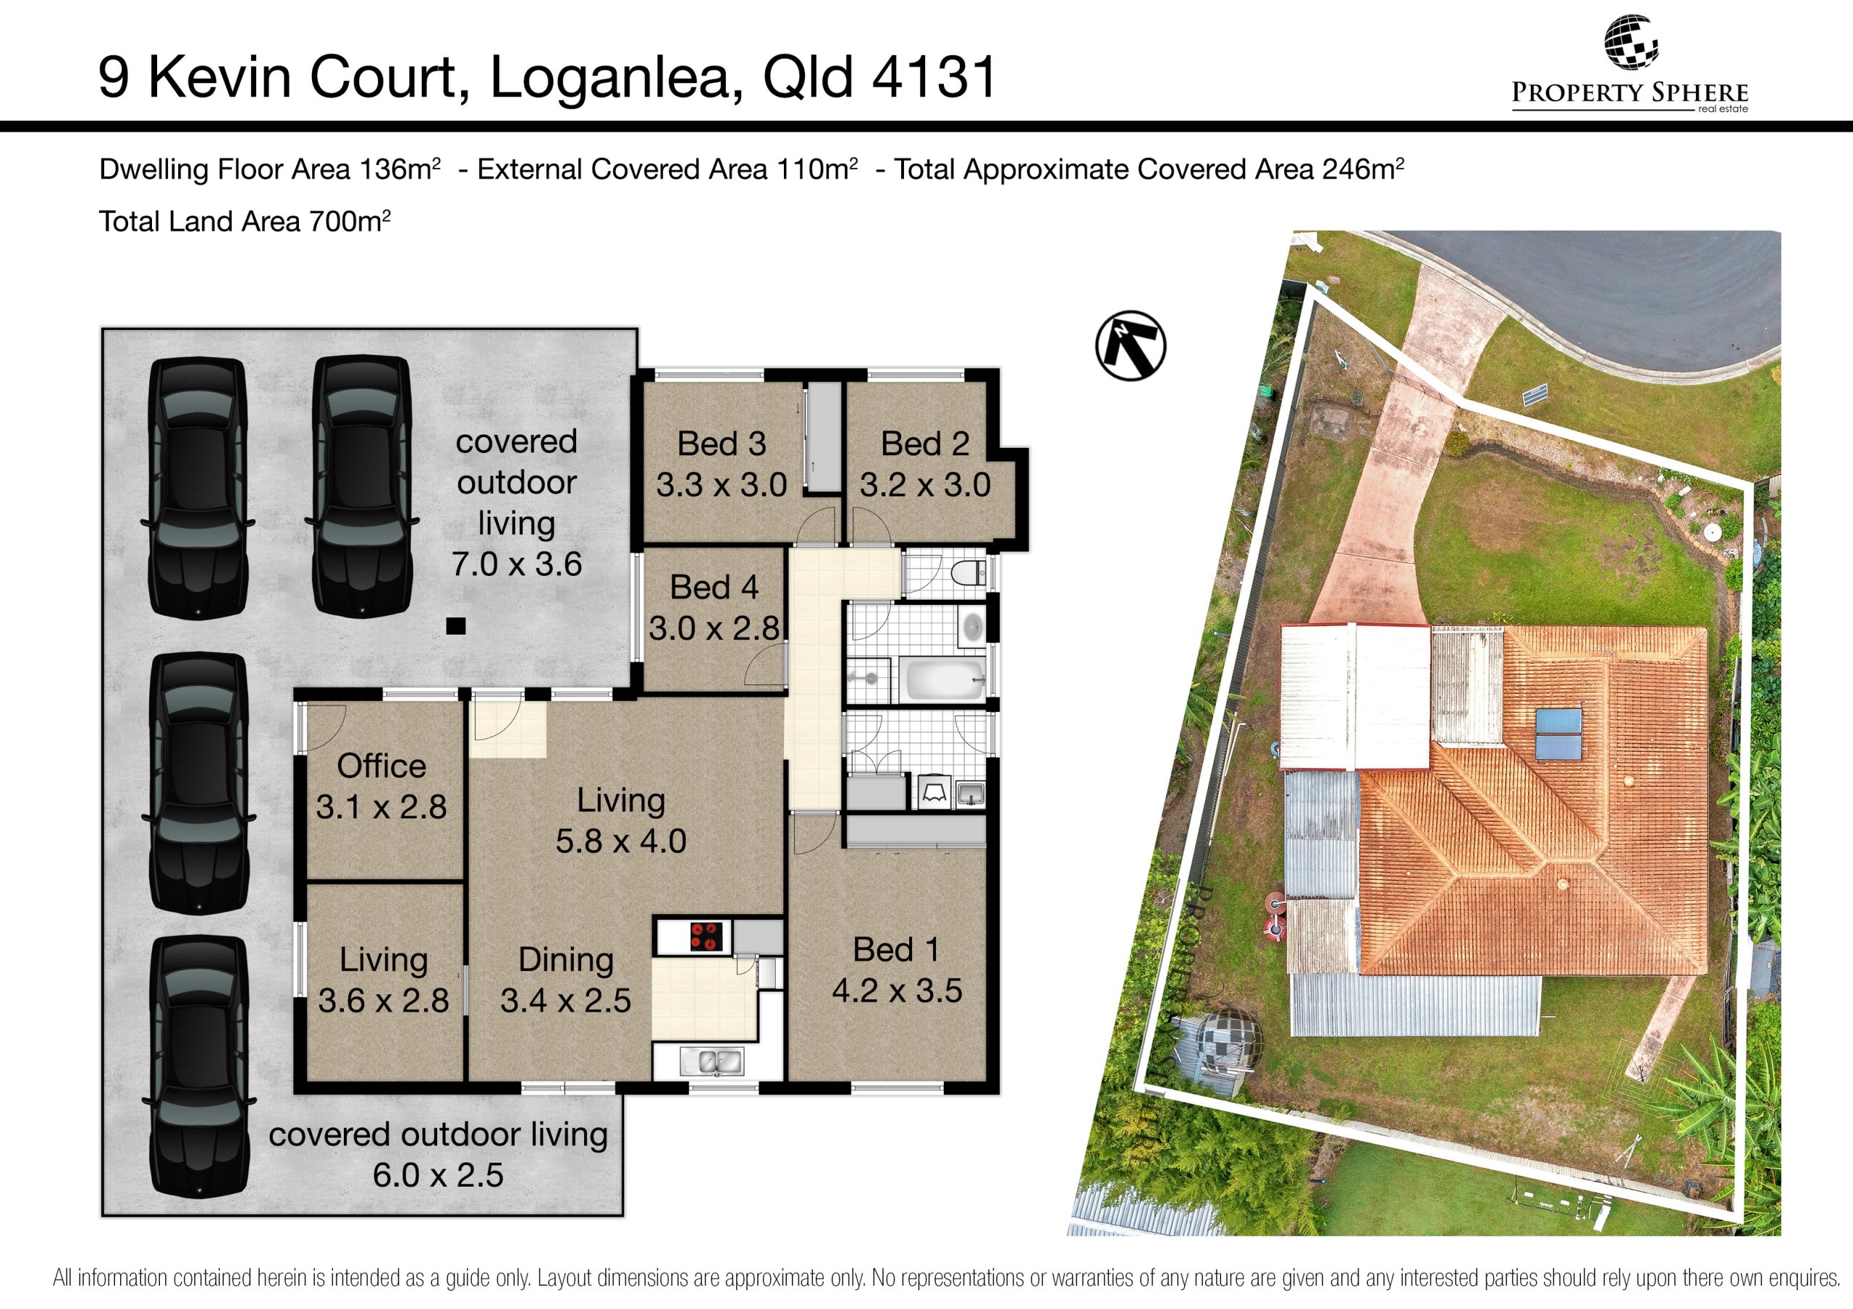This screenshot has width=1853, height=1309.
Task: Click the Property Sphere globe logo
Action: [1630, 42]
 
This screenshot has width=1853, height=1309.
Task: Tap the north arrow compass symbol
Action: [1131, 345]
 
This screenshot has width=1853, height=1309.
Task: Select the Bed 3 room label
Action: [721, 443]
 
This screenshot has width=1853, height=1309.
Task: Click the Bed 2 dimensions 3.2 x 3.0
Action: [925, 485]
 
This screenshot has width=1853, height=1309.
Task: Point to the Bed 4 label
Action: [714, 587]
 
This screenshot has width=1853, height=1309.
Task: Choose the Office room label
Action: [381, 766]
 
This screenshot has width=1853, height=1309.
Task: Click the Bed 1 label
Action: [897, 950]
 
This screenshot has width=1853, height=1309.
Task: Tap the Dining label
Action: [566, 960]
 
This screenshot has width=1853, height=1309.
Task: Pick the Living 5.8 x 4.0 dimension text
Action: [620, 841]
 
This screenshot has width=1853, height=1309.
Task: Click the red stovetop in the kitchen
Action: [704, 936]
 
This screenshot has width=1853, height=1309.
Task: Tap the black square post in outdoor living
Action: [456, 625]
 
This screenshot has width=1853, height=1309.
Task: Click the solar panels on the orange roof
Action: [1558, 734]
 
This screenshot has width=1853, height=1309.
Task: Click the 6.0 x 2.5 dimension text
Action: [438, 1175]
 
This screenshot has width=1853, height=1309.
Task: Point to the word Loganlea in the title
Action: [616, 78]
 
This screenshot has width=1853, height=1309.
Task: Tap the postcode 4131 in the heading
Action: [934, 77]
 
